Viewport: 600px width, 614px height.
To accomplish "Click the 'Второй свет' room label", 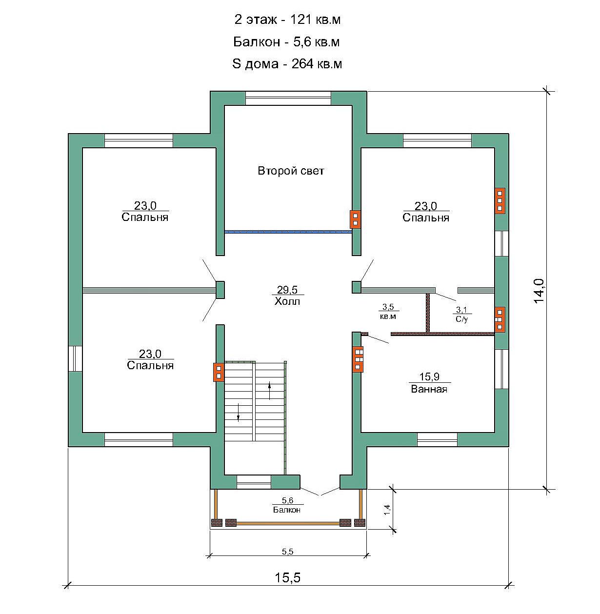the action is click(x=291, y=171).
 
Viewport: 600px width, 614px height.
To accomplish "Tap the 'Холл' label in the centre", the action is click(x=287, y=301).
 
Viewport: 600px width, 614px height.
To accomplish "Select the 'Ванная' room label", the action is click(x=429, y=389).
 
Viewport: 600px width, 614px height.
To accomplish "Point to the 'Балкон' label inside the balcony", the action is click(x=287, y=510).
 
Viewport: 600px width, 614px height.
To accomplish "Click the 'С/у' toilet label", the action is click(x=462, y=318).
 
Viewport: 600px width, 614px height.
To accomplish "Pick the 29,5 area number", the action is click(x=287, y=289).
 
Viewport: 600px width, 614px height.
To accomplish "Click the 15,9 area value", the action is click(x=429, y=376).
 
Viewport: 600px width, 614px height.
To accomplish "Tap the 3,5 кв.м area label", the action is click(x=388, y=311).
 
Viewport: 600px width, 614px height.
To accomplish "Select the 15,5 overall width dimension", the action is click(x=287, y=578).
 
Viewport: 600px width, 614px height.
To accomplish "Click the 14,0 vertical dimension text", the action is click(x=539, y=291).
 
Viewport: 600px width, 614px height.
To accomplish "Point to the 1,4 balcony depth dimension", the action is click(x=387, y=510).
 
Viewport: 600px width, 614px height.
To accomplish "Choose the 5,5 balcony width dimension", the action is click(x=287, y=552).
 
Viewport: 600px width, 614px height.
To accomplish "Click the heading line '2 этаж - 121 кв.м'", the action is click(x=287, y=20).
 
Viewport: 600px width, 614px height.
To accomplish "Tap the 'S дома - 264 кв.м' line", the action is click(x=287, y=64).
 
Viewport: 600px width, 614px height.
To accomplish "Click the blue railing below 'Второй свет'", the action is click(x=288, y=232).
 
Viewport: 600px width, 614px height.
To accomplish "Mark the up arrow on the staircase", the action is click(x=270, y=390).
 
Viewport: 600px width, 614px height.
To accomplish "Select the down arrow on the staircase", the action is click(x=239, y=412).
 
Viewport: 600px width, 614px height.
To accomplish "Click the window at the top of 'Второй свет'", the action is click(x=288, y=98).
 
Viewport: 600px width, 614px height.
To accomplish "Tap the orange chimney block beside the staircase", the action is click(x=219, y=372).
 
